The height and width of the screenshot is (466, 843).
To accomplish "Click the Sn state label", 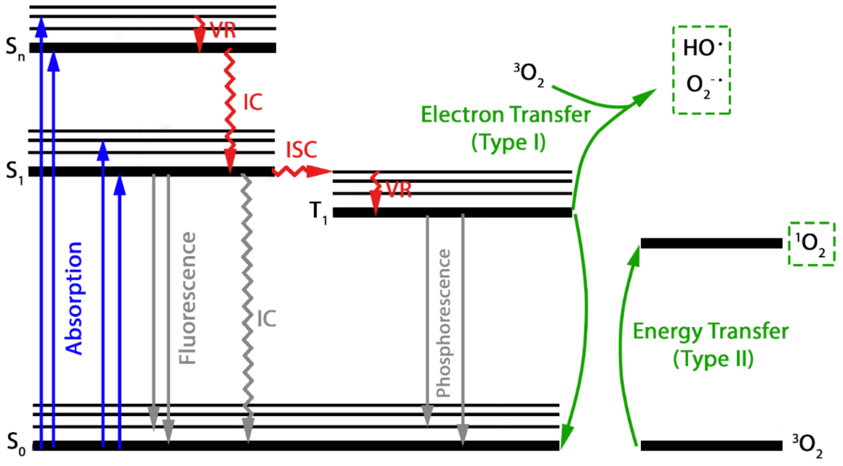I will pyautogui.click(x=15, y=49).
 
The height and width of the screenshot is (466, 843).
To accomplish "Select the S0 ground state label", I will pyautogui.click(x=16, y=444).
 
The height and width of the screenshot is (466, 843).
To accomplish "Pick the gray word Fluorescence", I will pyautogui.click(x=188, y=298).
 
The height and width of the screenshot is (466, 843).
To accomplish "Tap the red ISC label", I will pyautogui.click(x=301, y=150).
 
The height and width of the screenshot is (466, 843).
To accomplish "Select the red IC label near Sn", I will pyautogui.click(x=253, y=102).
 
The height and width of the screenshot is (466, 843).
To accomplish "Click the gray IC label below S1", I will pyautogui.click(x=266, y=318).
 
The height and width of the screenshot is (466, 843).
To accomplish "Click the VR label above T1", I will pyautogui.click(x=399, y=190).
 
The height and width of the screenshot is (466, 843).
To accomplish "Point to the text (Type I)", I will pyautogui.click(x=508, y=143).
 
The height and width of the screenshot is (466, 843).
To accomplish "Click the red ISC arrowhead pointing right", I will pyautogui.click(x=319, y=171).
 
